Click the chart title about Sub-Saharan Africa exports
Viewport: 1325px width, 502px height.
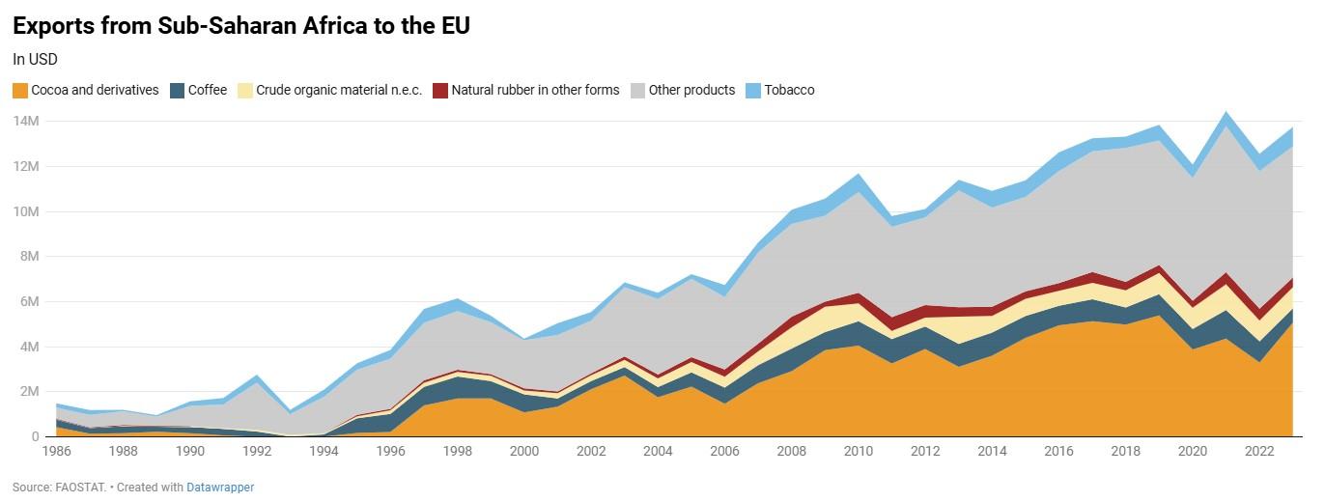[x=241, y=26]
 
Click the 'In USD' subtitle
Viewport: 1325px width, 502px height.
[x=36, y=59]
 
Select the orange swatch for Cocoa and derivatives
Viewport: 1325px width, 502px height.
[x=19, y=90]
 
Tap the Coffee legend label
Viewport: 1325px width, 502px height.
[x=208, y=90]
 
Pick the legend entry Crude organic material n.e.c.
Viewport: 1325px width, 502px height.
[x=339, y=90]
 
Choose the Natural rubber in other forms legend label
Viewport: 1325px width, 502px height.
[x=535, y=90]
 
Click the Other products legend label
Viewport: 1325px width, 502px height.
[x=691, y=90]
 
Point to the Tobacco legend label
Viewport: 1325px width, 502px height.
[x=789, y=90]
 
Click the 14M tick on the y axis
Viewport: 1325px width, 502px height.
[x=26, y=121]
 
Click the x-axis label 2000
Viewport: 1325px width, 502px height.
[x=524, y=451]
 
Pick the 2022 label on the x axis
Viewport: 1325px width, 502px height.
[x=1259, y=451]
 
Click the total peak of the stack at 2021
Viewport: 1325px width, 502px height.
[x=1226, y=114]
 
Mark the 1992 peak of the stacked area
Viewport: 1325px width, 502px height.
[x=256, y=376]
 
